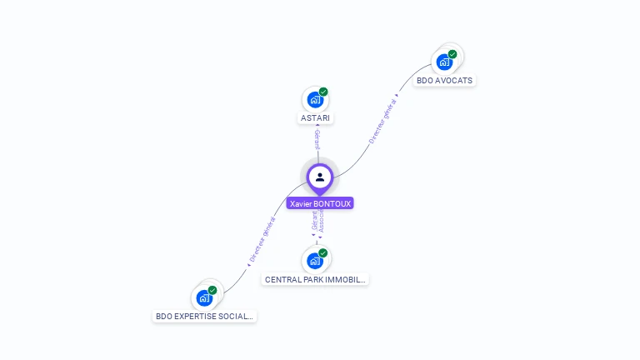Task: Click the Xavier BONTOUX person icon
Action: pyautogui.click(x=320, y=177)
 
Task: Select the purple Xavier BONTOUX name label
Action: pyautogui.click(x=320, y=203)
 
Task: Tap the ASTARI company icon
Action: pyautogui.click(x=314, y=100)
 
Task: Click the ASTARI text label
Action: pyautogui.click(x=315, y=118)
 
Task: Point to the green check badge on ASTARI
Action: pyautogui.click(x=323, y=92)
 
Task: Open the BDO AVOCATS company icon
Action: pyautogui.click(x=445, y=62)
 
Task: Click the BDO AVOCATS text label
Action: pyautogui.click(x=445, y=81)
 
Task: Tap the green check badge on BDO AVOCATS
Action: pyautogui.click(x=452, y=54)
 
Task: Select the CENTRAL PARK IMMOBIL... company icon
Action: pyautogui.click(x=314, y=261)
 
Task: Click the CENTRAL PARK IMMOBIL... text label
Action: pyautogui.click(x=315, y=280)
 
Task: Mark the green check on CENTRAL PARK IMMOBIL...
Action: pyautogui.click(x=323, y=252)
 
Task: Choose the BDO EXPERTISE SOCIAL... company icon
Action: pyautogui.click(x=204, y=297)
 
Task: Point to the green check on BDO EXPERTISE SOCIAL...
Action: pyautogui.click(x=212, y=290)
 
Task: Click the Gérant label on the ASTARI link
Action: pyautogui.click(x=317, y=140)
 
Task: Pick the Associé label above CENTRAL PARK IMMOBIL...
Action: pyautogui.click(x=322, y=222)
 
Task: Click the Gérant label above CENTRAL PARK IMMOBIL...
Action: pyautogui.click(x=314, y=222)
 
